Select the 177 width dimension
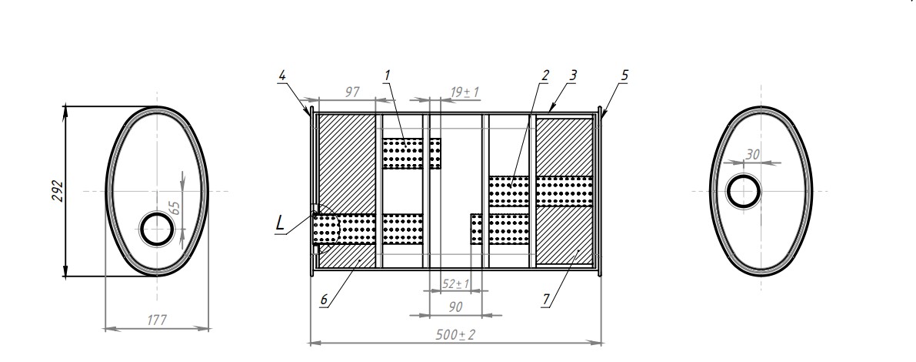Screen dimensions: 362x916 point(157,320)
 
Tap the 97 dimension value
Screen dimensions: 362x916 point(353,92)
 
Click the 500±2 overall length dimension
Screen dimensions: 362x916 point(455,335)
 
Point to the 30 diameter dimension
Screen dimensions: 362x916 point(753,155)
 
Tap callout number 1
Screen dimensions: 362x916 point(387,75)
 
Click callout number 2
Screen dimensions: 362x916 point(545,75)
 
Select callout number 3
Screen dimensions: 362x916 point(573,75)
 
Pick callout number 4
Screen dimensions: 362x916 point(282,75)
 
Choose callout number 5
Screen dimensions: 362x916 point(625,75)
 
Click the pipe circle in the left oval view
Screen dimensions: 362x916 point(158,229)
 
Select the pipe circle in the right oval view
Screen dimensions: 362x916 point(744,190)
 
